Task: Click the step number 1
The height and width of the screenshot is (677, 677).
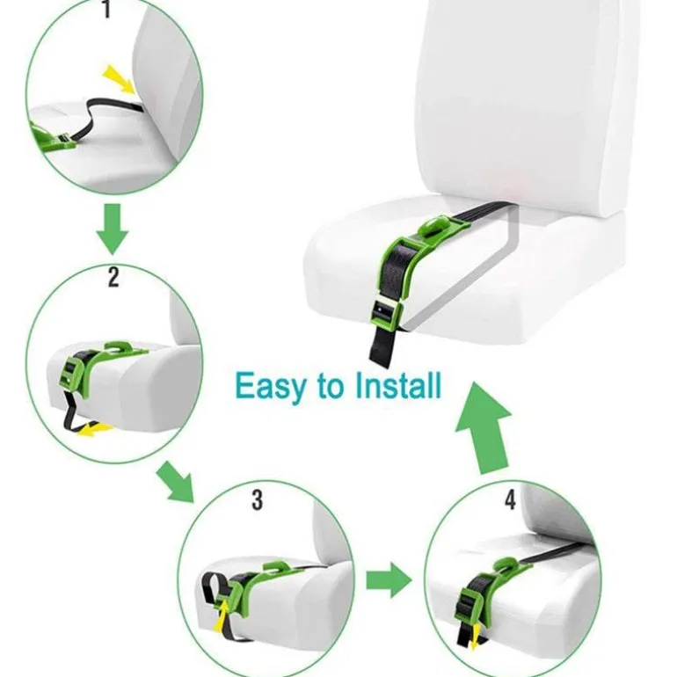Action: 107,10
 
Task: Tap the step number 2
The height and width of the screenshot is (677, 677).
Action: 113,277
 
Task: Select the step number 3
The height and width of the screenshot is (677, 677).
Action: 258,500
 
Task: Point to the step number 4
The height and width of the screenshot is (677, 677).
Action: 510,499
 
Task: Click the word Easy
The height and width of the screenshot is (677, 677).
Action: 270,387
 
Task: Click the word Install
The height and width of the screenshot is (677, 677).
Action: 397,385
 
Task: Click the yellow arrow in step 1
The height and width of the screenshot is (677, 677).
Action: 120,79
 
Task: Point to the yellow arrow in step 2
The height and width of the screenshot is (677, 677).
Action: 95,430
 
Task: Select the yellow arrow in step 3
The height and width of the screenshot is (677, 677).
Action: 222,615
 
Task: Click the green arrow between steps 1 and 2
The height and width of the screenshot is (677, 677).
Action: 113,229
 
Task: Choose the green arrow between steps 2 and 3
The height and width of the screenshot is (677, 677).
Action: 176,482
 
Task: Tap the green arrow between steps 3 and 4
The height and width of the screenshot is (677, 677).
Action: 389,580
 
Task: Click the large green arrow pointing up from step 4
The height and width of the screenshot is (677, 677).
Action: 484,427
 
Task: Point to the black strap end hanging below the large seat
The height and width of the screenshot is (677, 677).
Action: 382,346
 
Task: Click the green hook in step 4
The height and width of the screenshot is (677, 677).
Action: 506,564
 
